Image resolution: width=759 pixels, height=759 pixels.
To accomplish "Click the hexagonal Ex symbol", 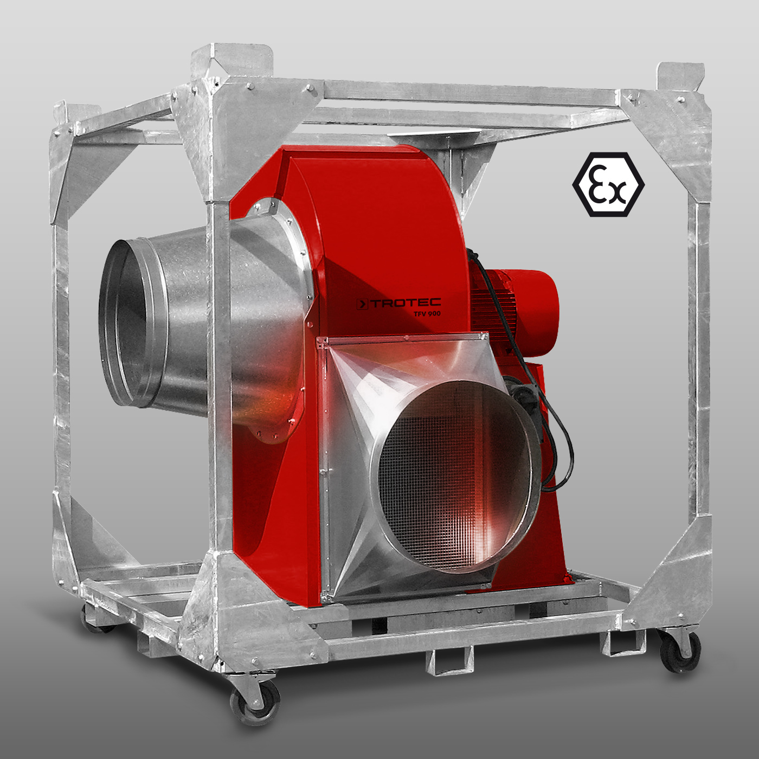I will point(608,185).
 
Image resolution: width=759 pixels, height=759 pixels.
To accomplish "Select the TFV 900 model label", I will point(427,314).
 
